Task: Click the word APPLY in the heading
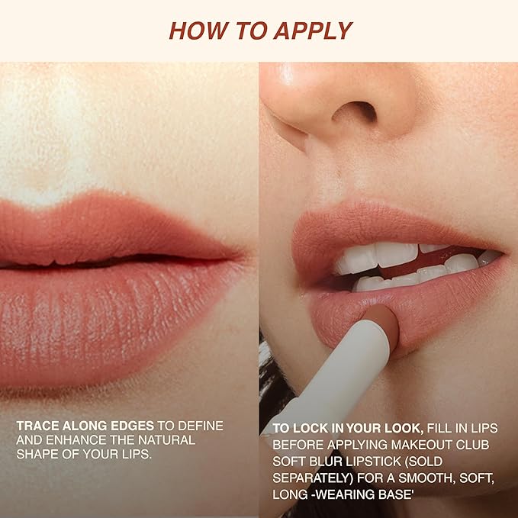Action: tap(313, 31)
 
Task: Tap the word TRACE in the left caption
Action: tap(37, 426)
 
